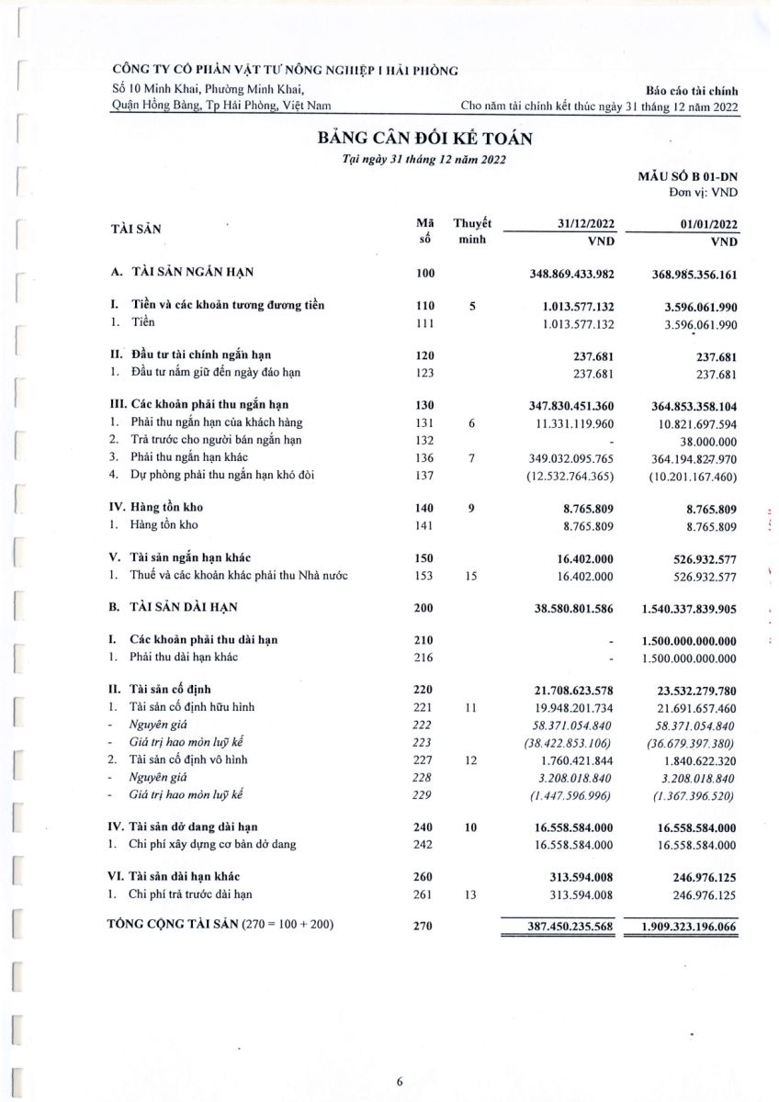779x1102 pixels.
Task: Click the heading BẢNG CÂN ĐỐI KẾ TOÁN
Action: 424,139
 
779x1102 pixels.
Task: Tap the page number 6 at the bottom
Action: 400,1081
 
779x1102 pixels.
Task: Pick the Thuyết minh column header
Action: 472,231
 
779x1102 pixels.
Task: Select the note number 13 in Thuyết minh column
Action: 471,894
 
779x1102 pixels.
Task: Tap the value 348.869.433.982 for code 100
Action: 559,274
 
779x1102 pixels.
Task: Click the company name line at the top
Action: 284,70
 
